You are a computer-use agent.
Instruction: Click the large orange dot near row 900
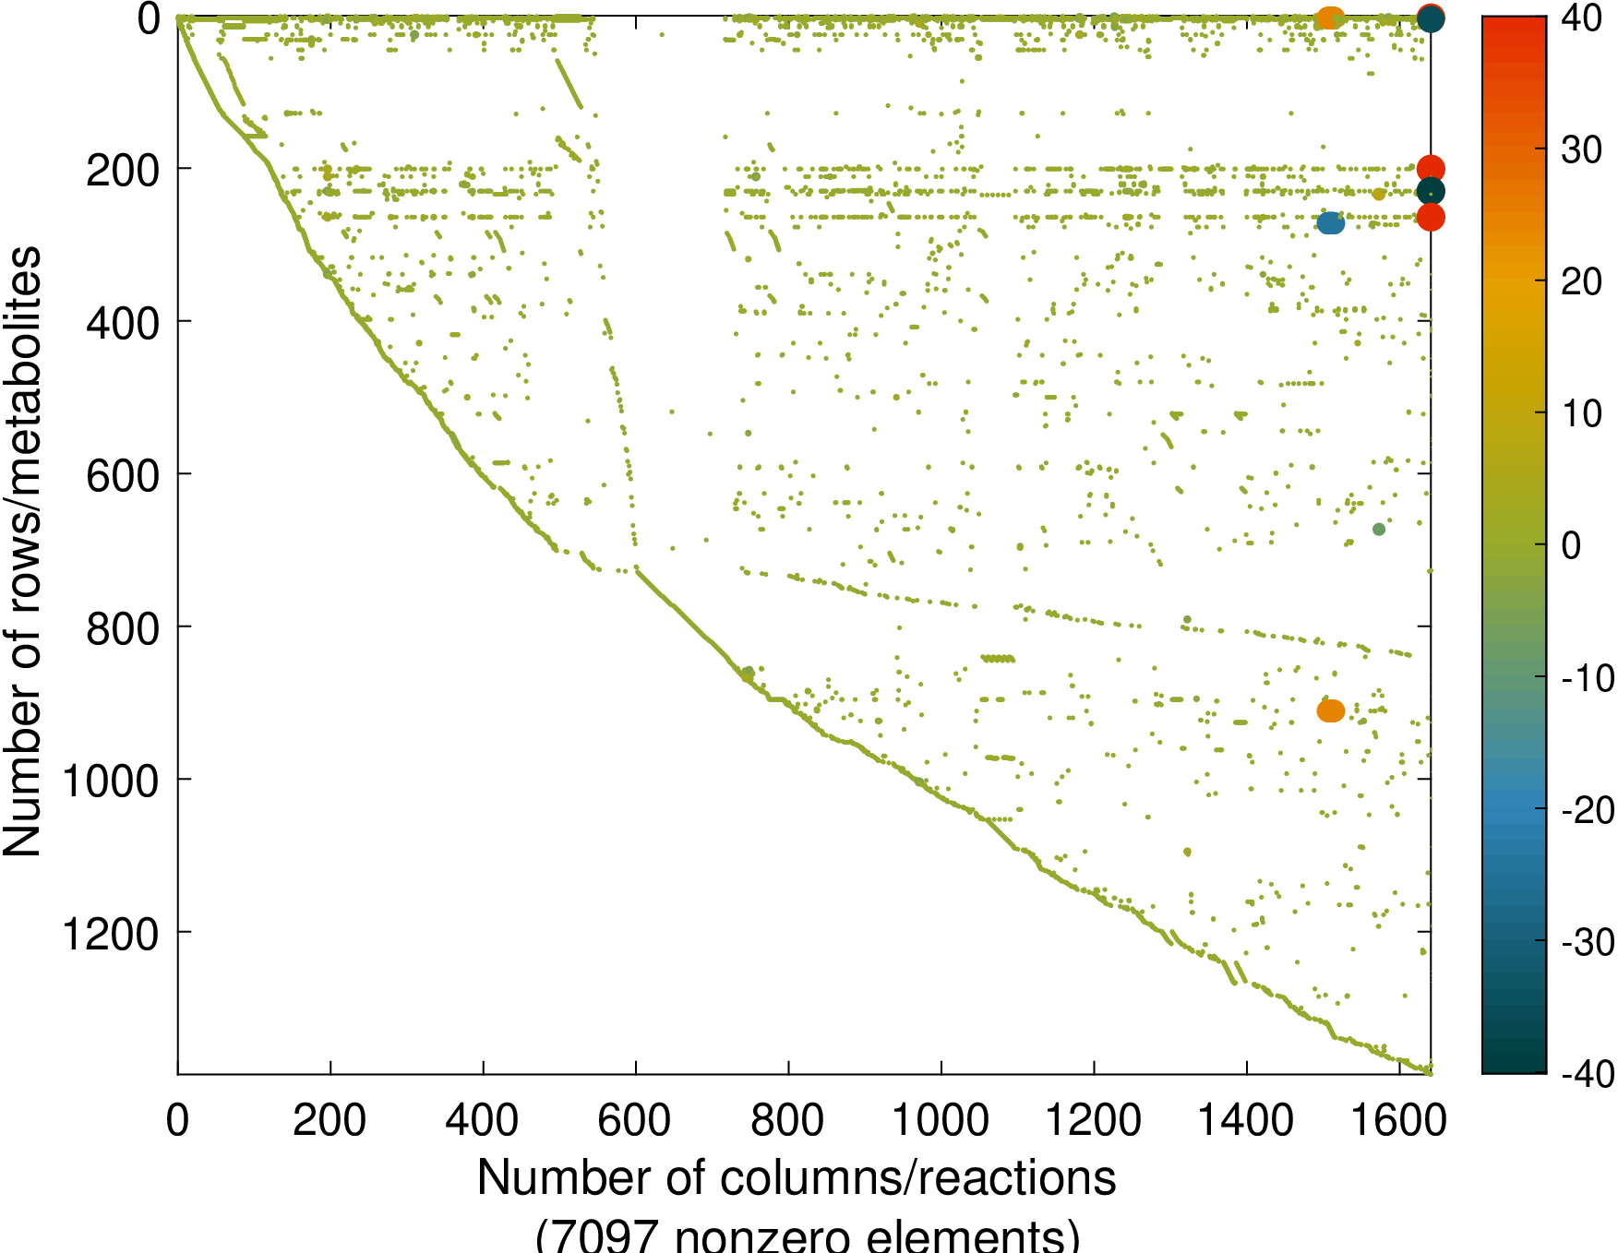1331,710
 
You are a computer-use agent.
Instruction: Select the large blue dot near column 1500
1331,222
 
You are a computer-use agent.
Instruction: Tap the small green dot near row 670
1379,529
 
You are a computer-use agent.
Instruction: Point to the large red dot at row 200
1431,169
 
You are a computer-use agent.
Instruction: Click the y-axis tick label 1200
110,935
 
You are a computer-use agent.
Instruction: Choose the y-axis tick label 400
122,324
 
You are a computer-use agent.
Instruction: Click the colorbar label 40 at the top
1581,18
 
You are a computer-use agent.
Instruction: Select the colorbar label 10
1581,414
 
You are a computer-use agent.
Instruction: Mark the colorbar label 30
1581,149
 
